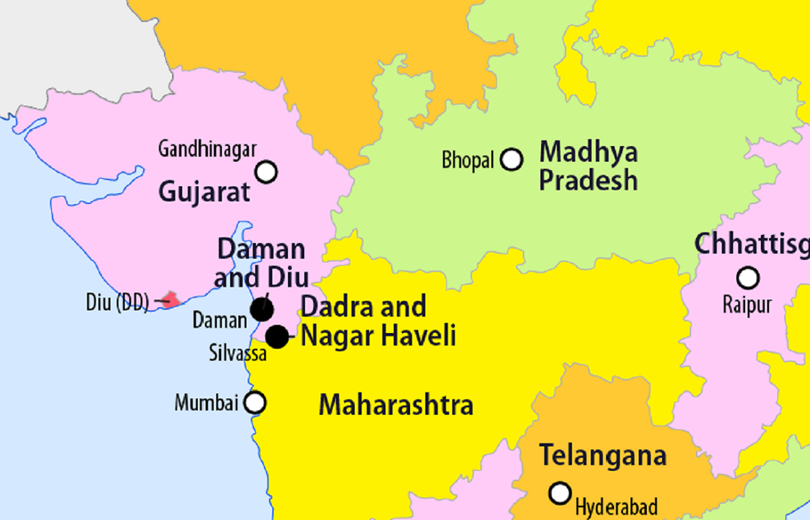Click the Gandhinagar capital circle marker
265,172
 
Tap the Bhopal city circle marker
511,160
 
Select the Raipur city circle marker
748,278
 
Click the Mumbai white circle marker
255,403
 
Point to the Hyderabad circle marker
560,493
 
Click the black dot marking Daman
262,310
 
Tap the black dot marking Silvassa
277,336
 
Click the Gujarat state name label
204,192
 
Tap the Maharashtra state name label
396,405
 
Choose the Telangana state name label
603,455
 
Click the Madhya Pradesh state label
588,166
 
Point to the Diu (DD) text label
117,302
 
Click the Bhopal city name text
467,161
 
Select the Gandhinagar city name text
207,148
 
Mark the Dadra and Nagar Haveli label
377,321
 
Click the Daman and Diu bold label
261,263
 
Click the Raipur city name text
747,304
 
